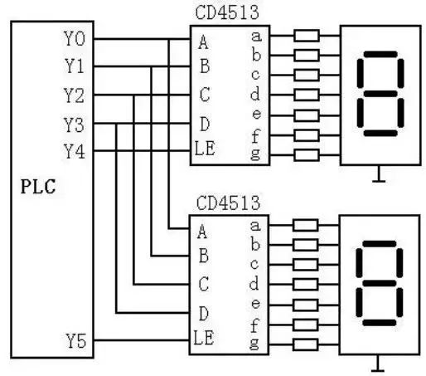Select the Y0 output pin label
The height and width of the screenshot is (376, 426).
[74, 38]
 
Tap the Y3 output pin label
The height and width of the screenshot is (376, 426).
[74, 124]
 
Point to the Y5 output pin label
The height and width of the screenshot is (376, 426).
[74, 340]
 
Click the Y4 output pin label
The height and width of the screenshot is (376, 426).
[74, 152]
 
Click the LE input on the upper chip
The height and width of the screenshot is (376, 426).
[205, 150]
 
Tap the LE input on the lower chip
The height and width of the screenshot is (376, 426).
[205, 339]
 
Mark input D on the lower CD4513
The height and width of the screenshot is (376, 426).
[203, 313]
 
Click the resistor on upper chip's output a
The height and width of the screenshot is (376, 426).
[307, 36]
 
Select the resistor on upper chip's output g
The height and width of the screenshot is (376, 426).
[307, 154]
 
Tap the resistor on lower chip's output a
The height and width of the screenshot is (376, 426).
[307, 224]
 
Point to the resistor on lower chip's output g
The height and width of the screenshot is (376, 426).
[307, 342]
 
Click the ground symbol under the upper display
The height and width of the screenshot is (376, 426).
[380, 174]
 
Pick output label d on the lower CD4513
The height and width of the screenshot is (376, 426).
[256, 283]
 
